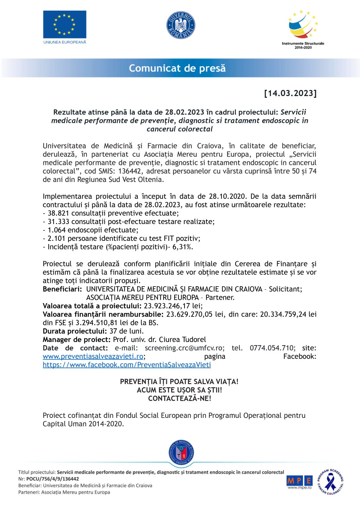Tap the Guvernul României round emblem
[180, 25]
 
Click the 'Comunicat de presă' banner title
[177, 68]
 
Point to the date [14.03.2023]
[290, 93]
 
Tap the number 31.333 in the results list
[58, 222]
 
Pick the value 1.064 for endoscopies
[57, 230]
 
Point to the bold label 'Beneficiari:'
[62, 289]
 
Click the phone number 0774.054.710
[272, 348]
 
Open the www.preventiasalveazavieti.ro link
[93, 357]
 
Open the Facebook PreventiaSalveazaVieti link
[127, 365]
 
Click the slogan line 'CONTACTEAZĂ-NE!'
[180, 399]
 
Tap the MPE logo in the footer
[299, 481]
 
